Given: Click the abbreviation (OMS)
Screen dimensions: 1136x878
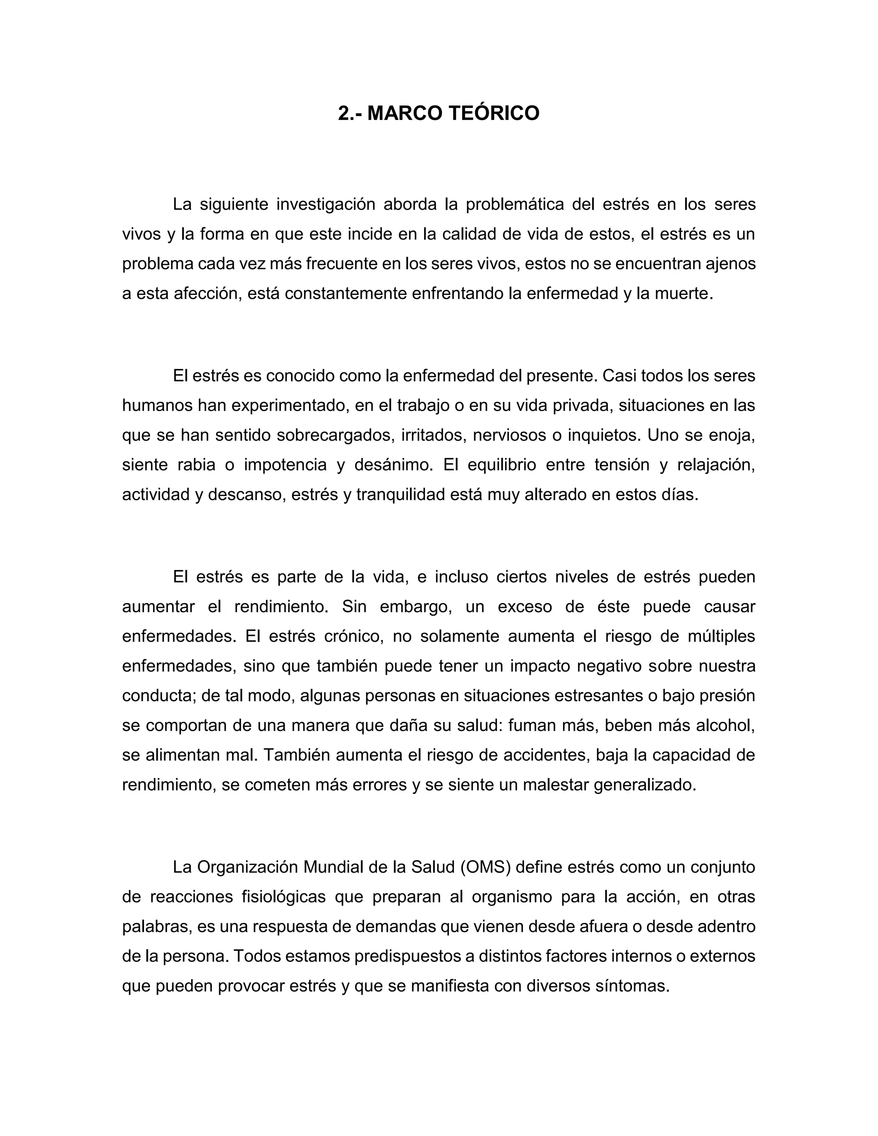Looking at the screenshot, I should tap(485, 867).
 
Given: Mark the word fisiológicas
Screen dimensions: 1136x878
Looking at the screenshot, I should tap(283, 897).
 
